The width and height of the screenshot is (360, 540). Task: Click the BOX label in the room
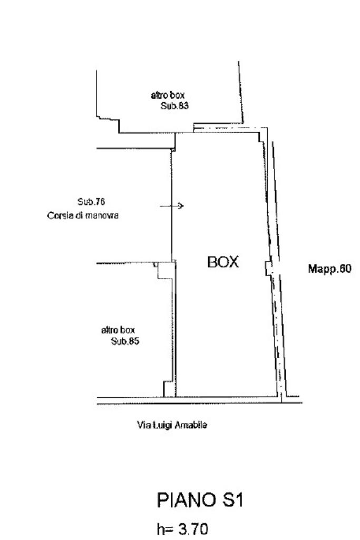click(x=223, y=262)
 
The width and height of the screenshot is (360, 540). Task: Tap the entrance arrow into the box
click(x=171, y=206)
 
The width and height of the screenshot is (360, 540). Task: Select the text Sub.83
click(x=174, y=106)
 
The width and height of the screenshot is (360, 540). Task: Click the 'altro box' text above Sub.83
click(x=168, y=95)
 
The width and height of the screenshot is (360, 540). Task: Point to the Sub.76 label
click(x=91, y=201)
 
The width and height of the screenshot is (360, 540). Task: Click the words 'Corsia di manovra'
click(x=83, y=215)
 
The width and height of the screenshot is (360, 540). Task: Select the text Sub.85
click(x=125, y=341)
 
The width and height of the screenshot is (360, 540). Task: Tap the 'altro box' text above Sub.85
click(x=118, y=330)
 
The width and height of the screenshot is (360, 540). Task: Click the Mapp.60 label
click(x=329, y=269)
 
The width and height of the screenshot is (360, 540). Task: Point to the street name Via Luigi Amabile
click(x=172, y=425)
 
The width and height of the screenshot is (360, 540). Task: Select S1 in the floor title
click(x=233, y=500)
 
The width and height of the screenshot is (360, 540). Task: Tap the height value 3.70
click(x=193, y=529)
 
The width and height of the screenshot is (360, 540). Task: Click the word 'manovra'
click(x=102, y=215)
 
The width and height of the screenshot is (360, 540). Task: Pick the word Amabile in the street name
click(x=191, y=425)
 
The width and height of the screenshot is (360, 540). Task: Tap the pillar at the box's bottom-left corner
click(x=169, y=389)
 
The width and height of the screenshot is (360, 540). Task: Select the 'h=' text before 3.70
click(x=166, y=529)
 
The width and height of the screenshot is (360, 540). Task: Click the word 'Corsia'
click(x=60, y=215)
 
